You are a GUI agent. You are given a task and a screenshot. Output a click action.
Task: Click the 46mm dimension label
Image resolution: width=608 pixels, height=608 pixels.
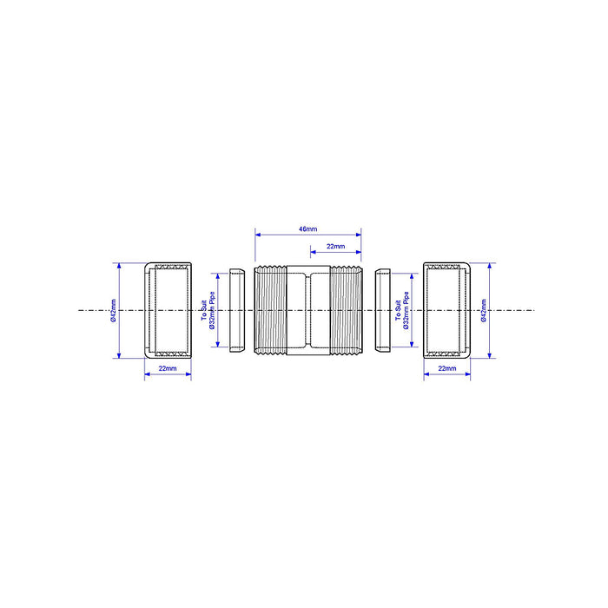click(x=307, y=229)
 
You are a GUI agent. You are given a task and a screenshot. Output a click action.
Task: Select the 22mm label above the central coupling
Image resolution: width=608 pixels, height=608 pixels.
click(x=336, y=246)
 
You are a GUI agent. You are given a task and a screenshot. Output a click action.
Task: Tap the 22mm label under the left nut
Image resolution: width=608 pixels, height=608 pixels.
click(x=168, y=368)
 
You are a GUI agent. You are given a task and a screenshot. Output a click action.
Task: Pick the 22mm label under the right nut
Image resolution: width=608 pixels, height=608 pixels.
click(x=447, y=368)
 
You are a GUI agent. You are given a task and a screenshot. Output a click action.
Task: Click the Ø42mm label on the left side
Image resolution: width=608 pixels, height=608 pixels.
click(x=113, y=311)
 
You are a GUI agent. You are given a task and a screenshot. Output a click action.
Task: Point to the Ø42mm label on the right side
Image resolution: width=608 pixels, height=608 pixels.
click(x=484, y=311)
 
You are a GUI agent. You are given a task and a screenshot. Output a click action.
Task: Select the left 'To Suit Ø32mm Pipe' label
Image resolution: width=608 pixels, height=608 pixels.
click(x=208, y=311)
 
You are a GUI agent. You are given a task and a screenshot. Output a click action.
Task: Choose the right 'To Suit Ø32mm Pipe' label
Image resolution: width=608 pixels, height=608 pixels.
click(x=402, y=311)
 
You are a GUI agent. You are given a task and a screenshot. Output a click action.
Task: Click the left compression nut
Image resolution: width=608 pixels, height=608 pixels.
click(x=168, y=311)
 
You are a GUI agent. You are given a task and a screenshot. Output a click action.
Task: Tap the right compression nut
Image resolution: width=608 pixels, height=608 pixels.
click(x=446, y=311)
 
